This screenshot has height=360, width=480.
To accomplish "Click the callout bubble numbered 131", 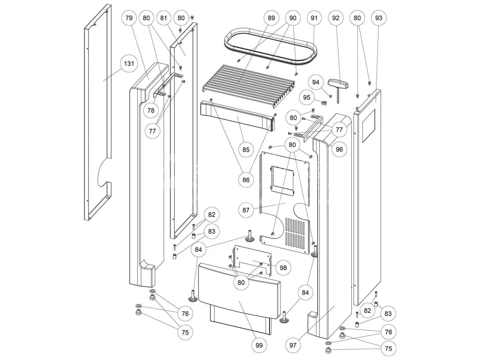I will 129,63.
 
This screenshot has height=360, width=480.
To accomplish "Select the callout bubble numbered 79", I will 129,18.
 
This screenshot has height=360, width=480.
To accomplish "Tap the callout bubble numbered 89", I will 271,18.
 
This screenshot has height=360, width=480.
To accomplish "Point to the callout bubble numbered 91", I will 314,18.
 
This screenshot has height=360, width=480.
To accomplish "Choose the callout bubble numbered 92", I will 336,18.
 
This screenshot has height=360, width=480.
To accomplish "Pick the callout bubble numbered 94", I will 316,82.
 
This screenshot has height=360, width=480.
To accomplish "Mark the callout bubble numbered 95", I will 307,97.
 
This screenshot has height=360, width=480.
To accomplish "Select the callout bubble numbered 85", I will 246,150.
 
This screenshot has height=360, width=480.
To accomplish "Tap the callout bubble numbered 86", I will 246,180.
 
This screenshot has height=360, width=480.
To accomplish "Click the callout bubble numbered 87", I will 246,210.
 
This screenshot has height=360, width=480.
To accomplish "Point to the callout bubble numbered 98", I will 283,267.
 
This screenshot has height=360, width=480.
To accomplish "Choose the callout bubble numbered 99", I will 259,345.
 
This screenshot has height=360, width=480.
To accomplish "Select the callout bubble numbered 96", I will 339,149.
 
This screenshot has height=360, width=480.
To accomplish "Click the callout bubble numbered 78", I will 151,111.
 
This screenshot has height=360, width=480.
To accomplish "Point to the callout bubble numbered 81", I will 163,18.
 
